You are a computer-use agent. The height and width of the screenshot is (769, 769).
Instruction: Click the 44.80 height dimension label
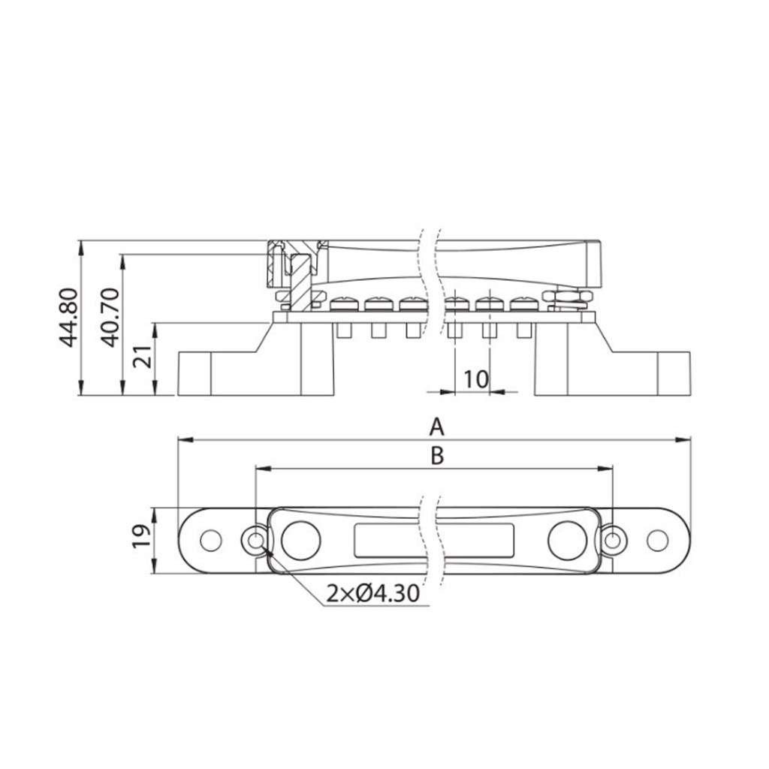(70, 317)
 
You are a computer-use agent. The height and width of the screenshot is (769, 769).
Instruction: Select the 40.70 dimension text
(110, 317)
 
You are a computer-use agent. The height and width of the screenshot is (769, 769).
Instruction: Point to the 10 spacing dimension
(475, 379)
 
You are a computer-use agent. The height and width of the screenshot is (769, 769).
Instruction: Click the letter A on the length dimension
(436, 427)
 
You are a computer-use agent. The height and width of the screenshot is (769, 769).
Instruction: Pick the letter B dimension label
(436, 455)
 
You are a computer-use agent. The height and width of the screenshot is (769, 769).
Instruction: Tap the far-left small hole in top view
(211, 539)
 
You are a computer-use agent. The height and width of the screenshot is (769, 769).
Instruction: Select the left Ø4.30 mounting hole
(256, 539)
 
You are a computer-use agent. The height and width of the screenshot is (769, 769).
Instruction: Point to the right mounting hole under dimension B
(614, 539)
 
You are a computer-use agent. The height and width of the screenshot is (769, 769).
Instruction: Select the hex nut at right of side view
(569, 298)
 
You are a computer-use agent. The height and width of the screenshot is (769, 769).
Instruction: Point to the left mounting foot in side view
(225, 372)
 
